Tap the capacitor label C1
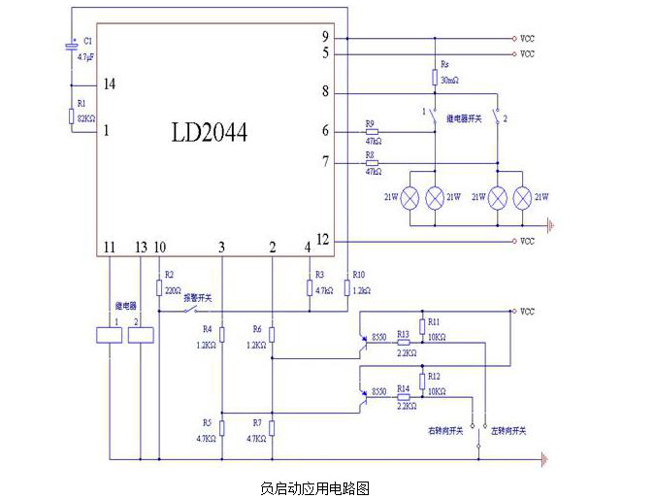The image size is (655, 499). click(x=87, y=42)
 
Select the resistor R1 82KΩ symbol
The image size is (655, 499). click(x=71, y=117)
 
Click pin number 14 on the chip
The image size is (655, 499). click(x=110, y=85)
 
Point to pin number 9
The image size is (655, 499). click(x=326, y=37)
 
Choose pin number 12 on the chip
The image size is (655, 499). click(x=324, y=240)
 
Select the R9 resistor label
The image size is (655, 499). click(x=370, y=123)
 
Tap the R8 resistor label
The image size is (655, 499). click(x=370, y=154)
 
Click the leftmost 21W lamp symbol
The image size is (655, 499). click(x=410, y=197)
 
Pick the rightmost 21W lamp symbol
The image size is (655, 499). click(x=524, y=197)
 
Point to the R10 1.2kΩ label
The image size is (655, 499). click(x=360, y=283)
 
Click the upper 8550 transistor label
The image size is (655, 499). click(x=379, y=338)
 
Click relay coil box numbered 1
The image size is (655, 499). click(x=110, y=335)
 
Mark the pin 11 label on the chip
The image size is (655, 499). click(x=110, y=249)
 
